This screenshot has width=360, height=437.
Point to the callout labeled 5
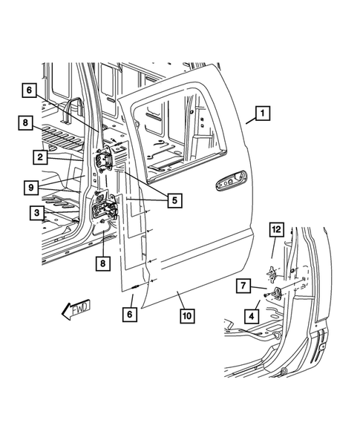point(175,200)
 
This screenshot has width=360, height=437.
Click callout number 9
point(32,188)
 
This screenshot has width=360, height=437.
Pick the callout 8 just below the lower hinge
point(101,262)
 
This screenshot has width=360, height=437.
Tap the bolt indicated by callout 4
point(268,297)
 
